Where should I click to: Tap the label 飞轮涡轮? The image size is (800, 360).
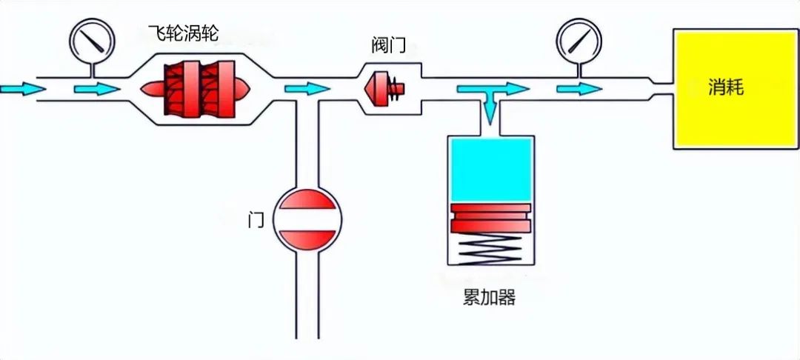184,33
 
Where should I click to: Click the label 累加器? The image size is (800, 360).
488,298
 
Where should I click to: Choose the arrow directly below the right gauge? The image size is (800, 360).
579,89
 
